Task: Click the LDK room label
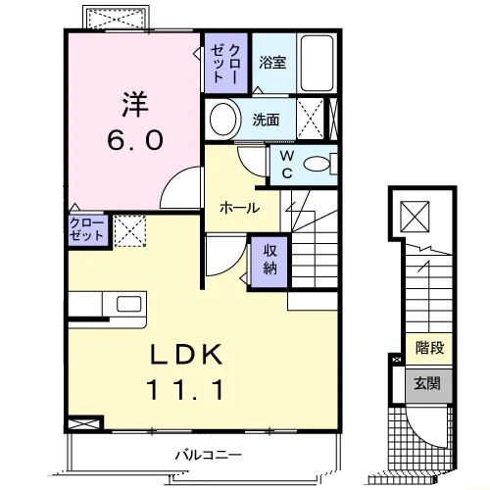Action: click(x=186, y=354)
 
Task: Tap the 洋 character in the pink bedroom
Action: click(x=135, y=105)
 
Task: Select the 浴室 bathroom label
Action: click(x=272, y=62)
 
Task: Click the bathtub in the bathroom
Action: click(x=318, y=63)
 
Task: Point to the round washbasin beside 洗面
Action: click(x=223, y=119)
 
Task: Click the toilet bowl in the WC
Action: click(x=317, y=164)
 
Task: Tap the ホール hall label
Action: click(x=239, y=208)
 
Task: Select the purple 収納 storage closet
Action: click(x=269, y=263)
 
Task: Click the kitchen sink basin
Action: click(x=129, y=304)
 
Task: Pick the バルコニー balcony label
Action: click(x=209, y=455)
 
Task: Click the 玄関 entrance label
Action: click(x=427, y=383)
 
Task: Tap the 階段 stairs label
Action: click(x=429, y=348)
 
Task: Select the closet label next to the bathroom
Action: click(x=225, y=63)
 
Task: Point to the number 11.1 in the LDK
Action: click(x=186, y=389)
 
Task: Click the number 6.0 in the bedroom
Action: click(x=135, y=140)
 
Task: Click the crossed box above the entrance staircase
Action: click(x=415, y=217)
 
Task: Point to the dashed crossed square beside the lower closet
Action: click(x=130, y=231)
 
